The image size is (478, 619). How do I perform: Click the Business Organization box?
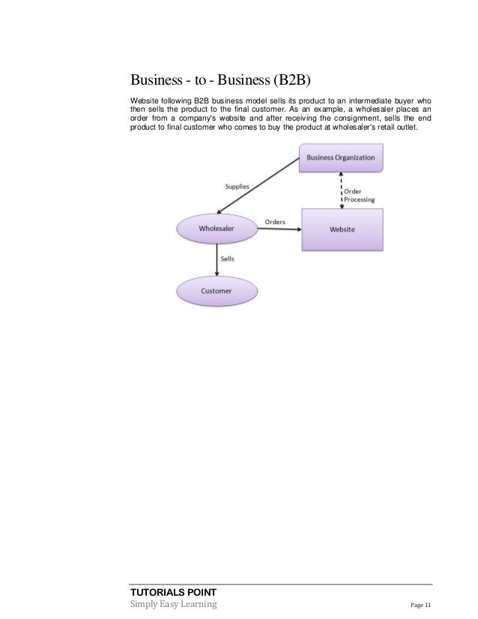(341, 158)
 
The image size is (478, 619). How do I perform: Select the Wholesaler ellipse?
(217, 229)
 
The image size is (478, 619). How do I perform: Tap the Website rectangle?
(342, 229)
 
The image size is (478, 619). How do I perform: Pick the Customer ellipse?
(216, 290)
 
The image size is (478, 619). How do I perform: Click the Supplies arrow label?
(238, 185)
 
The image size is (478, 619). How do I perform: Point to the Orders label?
(276, 222)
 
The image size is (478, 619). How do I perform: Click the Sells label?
(228, 258)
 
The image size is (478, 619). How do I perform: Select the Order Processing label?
(360, 196)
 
